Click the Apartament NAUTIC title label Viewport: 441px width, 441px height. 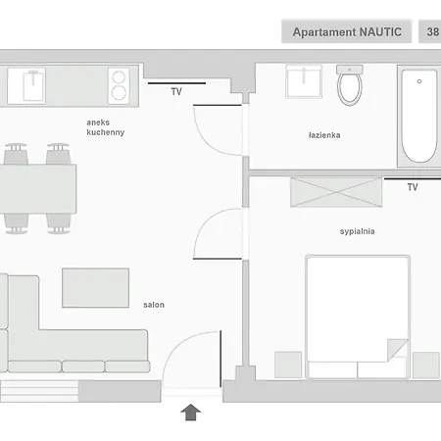[x=347, y=32]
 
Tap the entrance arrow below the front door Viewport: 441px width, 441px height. [x=191, y=413]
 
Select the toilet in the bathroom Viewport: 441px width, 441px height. [x=350, y=85]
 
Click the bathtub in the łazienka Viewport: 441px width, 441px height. [x=419, y=116]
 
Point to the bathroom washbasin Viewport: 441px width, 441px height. [x=304, y=81]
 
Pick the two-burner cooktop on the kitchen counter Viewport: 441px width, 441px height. [x=119, y=86]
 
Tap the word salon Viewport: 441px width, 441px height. [x=154, y=305]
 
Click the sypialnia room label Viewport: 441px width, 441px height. [x=358, y=231]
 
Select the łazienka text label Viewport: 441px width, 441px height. [x=324, y=135]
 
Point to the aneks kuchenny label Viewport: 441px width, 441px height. [x=106, y=127]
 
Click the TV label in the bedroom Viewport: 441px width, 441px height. [x=413, y=187]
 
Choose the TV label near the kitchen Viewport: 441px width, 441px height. [x=176, y=92]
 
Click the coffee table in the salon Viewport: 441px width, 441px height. [x=95, y=288]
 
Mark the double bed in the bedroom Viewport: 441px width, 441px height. [x=358, y=317]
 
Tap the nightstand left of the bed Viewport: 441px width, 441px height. [x=288, y=365]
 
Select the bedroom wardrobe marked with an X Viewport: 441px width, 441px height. [x=336, y=192]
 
